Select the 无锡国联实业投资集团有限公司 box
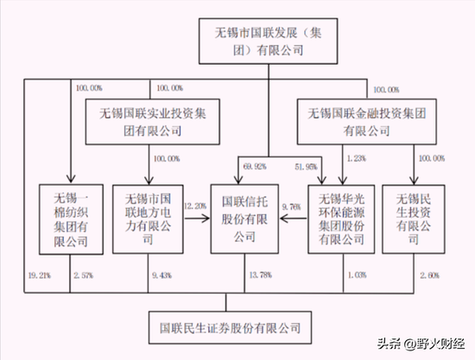[x=152, y=121]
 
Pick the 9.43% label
[x=161, y=275]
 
